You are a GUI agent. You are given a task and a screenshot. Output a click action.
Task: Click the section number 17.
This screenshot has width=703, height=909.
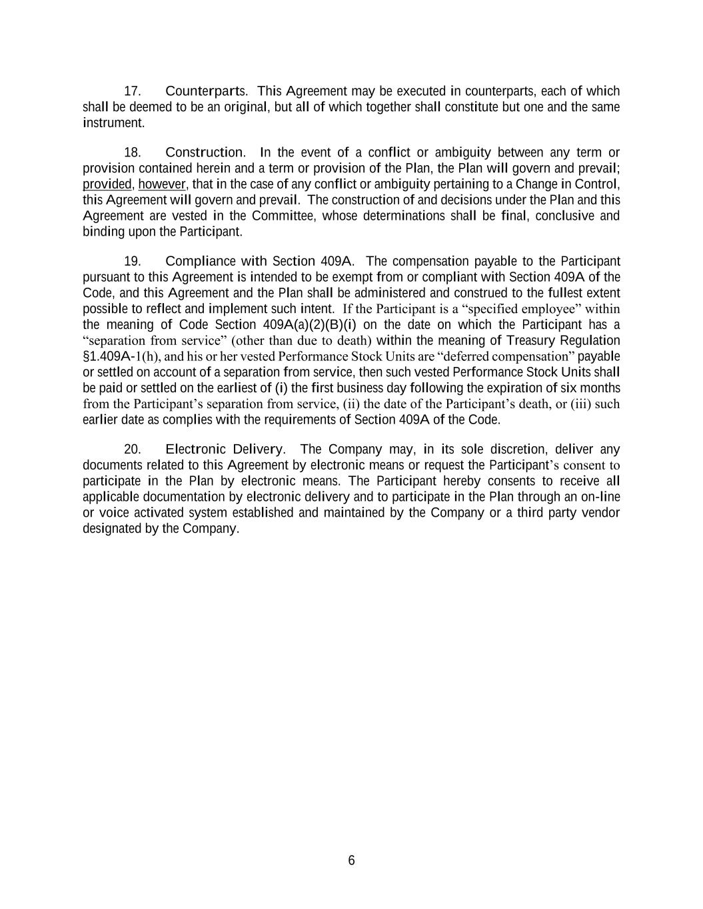tap(132, 91)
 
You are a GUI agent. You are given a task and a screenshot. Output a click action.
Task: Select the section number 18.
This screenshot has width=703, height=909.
tap(132, 152)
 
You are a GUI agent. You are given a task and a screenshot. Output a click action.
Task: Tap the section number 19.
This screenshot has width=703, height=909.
tap(132, 261)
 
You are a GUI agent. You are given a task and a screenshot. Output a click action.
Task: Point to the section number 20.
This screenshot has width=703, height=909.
tap(132, 450)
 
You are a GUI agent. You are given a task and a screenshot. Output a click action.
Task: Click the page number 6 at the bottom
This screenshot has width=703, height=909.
tap(351, 860)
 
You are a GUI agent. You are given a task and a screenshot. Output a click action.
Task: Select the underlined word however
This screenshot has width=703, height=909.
tap(163, 184)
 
